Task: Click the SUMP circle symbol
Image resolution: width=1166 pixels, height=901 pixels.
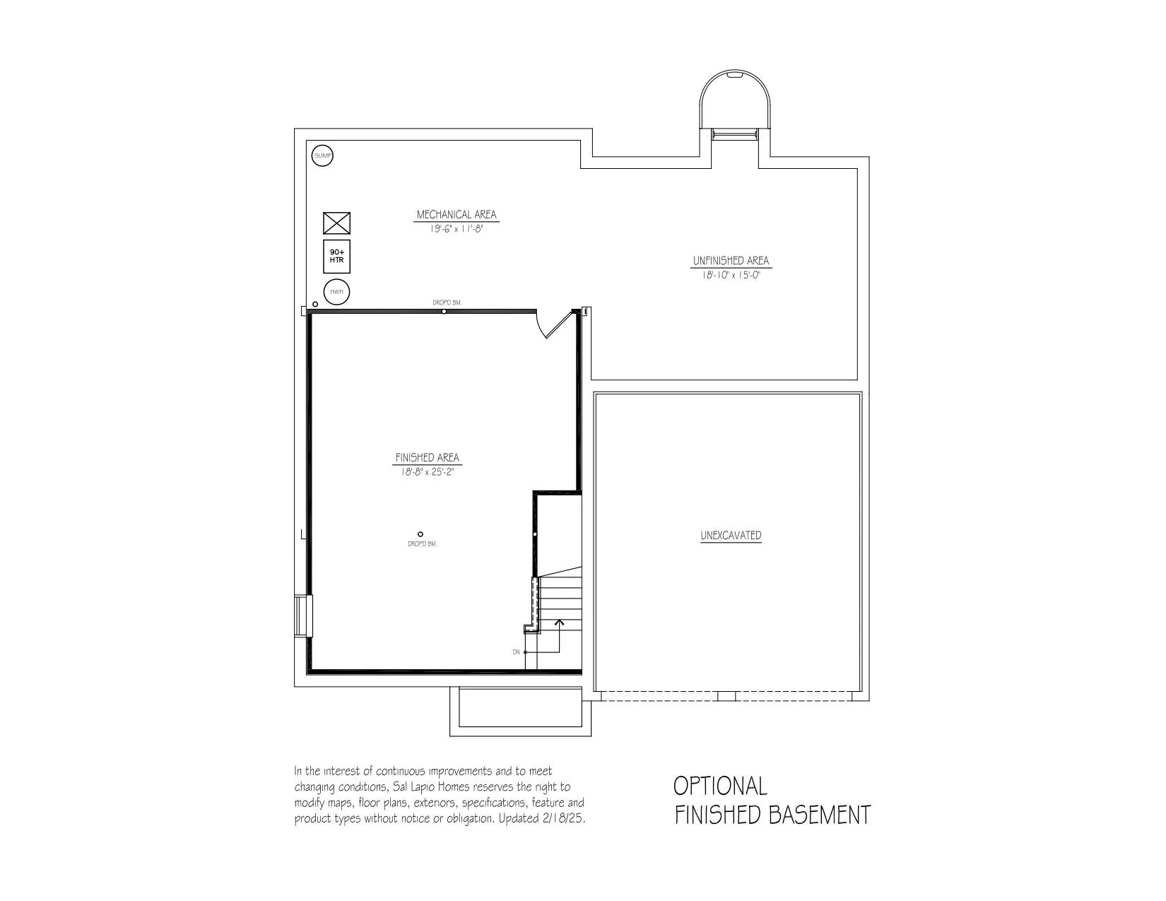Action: click(322, 155)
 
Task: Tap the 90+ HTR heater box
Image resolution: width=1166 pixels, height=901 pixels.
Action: click(336, 257)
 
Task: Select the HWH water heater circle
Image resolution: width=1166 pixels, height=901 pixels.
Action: click(336, 292)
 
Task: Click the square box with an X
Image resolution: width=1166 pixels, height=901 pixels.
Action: click(336, 223)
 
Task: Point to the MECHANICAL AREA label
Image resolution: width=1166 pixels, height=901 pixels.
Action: click(457, 215)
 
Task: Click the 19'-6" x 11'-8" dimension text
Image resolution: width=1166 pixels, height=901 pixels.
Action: click(457, 228)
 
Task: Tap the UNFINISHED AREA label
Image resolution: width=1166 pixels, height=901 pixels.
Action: click(731, 261)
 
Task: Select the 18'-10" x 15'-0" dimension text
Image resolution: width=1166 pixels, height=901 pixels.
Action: click(731, 275)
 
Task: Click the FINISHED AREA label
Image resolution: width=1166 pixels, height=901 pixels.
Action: click(427, 458)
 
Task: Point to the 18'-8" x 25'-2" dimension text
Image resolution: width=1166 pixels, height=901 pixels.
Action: click(427, 471)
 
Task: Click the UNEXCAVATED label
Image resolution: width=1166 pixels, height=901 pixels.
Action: click(731, 535)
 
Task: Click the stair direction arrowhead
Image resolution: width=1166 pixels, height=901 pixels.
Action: click(559, 622)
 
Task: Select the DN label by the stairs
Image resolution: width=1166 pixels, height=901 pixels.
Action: click(516, 652)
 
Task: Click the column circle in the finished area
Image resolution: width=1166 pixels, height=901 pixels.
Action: click(420, 534)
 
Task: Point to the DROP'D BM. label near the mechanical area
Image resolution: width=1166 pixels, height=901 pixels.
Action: click(447, 302)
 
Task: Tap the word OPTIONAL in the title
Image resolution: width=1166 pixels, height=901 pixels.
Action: click(720, 786)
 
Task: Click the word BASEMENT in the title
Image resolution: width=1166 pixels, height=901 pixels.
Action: click(820, 815)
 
